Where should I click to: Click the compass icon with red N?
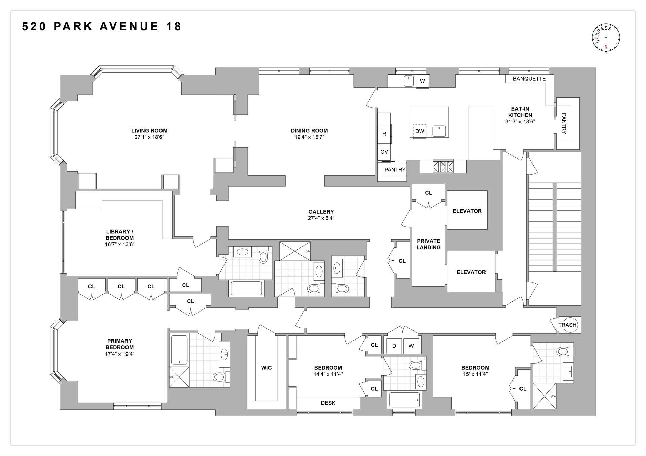click(x=606, y=38)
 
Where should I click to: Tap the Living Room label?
click(x=149, y=131)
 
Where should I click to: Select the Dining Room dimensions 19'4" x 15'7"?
click(x=309, y=137)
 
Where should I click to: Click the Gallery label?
click(x=321, y=212)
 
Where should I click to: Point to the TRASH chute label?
click(x=567, y=325)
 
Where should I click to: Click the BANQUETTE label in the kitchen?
click(x=529, y=79)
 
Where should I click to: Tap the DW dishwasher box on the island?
click(x=420, y=131)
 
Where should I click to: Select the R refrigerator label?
click(x=384, y=134)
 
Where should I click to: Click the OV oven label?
click(x=384, y=152)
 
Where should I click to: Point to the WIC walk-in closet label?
click(x=266, y=368)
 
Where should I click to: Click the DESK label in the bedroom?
click(x=328, y=403)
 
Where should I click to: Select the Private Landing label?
click(x=428, y=244)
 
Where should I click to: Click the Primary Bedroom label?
click(x=119, y=344)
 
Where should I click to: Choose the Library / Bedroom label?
click(x=120, y=235)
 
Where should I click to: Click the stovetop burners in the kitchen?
click(x=443, y=167)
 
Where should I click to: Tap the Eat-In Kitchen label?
click(x=520, y=112)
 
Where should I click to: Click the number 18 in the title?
click(x=173, y=27)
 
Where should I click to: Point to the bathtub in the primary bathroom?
click(x=179, y=350)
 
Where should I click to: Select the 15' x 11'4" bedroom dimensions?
click(x=475, y=374)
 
